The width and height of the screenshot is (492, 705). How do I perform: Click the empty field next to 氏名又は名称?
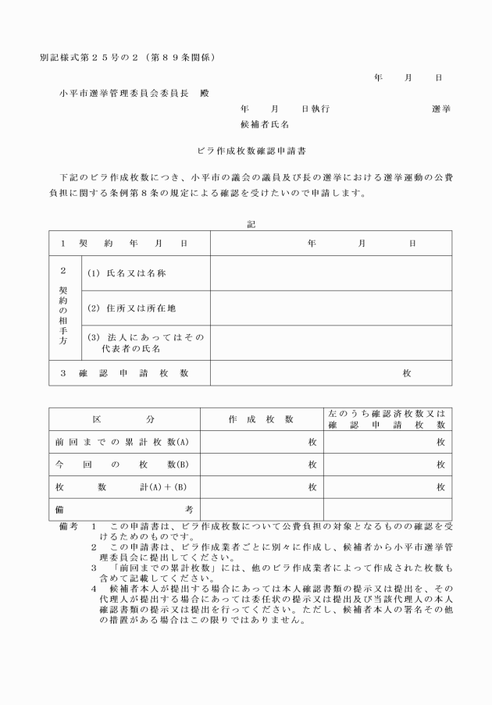[x=330, y=273]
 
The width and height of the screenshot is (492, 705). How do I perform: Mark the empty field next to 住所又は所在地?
[x=330, y=308]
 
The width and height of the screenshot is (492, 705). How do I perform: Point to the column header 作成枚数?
[x=261, y=419]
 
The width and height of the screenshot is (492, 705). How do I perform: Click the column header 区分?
[x=125, y=419]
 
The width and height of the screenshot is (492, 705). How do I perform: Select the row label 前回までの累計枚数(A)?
[x=123, y=442]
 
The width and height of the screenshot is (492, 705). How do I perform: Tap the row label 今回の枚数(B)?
[x=123, y=465]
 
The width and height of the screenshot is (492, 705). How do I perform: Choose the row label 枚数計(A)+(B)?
[x=123, y=487]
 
